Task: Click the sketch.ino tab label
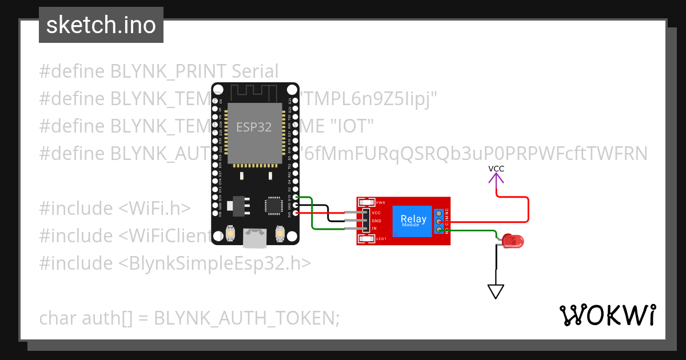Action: click(101, 25)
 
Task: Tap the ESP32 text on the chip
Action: click(254, 126)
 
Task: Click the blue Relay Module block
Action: click(413, 221)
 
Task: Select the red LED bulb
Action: click(514, 242)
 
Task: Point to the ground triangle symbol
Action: click(496, 291)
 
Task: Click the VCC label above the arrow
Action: click(496, 169)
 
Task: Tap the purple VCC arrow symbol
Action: click(496, 178)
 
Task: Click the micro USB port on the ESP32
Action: click(254, 238)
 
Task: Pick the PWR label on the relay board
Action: click(381, 202)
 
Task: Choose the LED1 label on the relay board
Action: click(381, 238)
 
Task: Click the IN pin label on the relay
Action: click(374, 229)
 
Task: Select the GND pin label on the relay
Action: click(376, 221)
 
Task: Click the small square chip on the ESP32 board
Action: click(273, 205)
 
